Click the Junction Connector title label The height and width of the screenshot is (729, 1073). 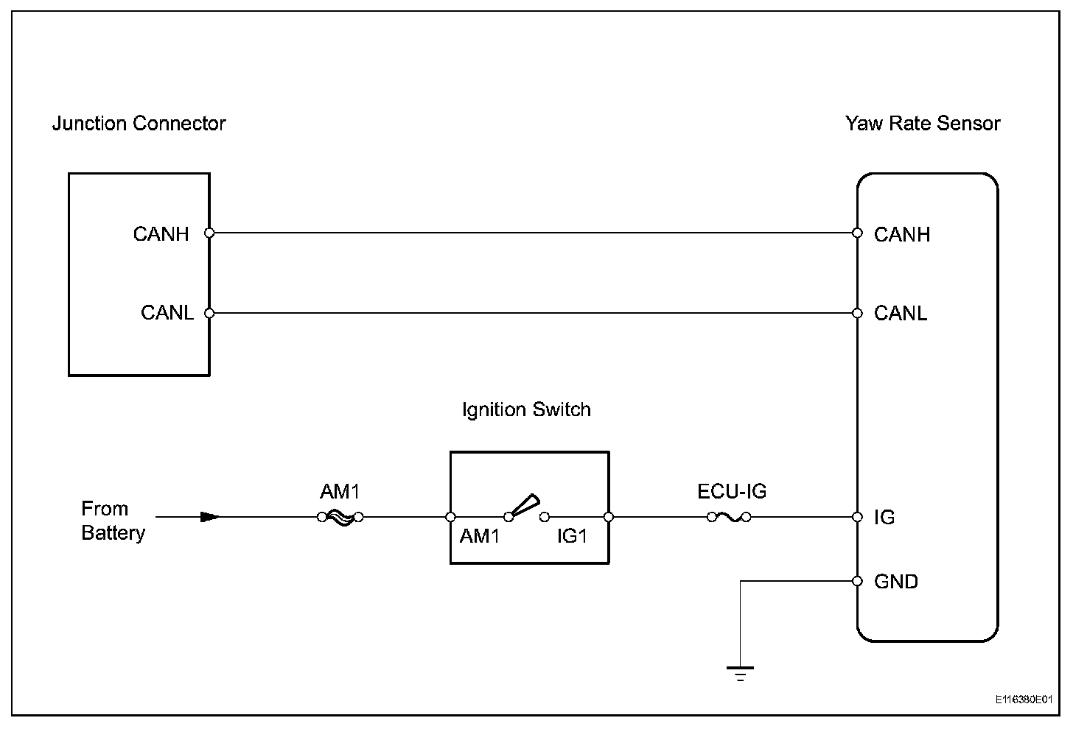(139, 124)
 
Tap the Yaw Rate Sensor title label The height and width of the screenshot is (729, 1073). (923, 124)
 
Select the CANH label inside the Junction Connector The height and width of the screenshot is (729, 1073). (161, 234)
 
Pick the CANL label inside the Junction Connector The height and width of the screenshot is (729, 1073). (167, 313)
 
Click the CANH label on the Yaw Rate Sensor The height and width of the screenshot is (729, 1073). (902, 235)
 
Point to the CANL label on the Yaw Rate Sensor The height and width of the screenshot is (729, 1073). (901, 314)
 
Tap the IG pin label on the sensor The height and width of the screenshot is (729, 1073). (884, 518)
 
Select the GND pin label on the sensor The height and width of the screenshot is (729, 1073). (896, 582)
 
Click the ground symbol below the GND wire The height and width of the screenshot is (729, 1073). (740, 672)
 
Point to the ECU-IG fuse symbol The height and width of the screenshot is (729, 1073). (730, 518)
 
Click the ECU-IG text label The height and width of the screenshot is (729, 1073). (732, 491)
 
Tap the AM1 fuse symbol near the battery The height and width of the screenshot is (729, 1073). (340, 518)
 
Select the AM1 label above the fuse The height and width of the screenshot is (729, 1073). (340, 491)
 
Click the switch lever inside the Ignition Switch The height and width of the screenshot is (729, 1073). (524, 506)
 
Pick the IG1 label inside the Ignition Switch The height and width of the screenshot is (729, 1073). (572, 537)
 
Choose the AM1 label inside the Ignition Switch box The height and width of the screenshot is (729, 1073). (480, 537)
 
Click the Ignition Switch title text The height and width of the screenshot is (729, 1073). (526, 409)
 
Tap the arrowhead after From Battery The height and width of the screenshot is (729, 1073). (210, 517)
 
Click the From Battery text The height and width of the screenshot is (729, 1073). (113, 521)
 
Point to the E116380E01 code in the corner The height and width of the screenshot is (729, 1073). (1024, 699)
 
